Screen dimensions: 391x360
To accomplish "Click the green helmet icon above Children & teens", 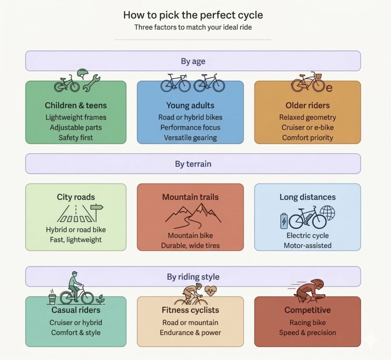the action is click(x=83, y=74).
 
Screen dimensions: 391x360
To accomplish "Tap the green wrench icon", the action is click(x=91, y=83).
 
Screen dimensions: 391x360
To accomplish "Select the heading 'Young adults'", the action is click(x=190, y=105).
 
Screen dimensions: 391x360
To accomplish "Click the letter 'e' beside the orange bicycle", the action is click(x=329, y=88).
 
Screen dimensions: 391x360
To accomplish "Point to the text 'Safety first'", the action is click(x=76, y=137).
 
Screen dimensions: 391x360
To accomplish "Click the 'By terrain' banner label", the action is click(x=193, y=164).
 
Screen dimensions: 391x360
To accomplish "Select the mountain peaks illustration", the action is click(x=193, y=215).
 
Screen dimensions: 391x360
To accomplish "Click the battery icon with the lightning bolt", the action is click(x=284, y=221).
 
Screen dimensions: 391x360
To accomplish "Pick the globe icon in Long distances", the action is click(x=327, y=213).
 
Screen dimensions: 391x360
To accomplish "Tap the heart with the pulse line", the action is click(x=211, y=291).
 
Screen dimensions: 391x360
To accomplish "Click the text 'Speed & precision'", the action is click(x=307, y=333).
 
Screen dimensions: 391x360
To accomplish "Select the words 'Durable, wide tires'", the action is click(x=190, y=246).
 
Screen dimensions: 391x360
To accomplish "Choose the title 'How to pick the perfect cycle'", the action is click(x=193, y=15).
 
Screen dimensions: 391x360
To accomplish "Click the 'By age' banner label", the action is click(x=193, y=61).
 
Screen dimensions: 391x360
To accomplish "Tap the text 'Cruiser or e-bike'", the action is click(x=307, y=127).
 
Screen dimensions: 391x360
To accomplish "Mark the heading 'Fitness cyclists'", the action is click(x=190, y=310).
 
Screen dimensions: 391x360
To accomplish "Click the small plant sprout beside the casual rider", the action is click(x=100, y=299).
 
